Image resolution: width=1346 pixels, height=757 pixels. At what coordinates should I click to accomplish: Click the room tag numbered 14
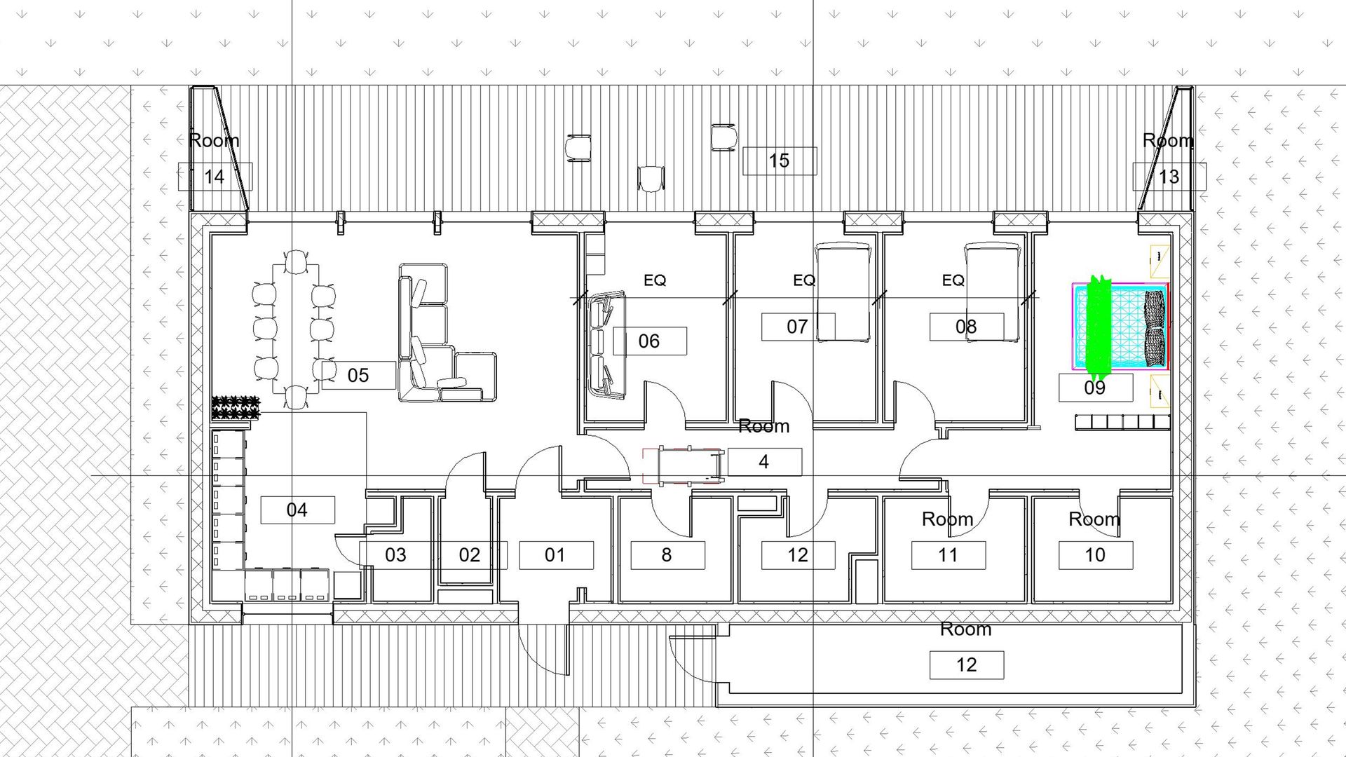pos(215,176)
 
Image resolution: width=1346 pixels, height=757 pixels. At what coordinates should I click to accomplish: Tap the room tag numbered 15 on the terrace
pos(779,161)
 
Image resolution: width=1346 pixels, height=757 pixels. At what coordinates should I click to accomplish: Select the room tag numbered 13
pos(1169,176)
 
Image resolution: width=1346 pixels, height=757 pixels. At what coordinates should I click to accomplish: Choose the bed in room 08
pos(992,292)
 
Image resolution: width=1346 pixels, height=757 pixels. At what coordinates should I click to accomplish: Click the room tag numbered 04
pos(297,510)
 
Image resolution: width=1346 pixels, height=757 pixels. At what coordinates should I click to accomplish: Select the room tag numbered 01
pos(555,555)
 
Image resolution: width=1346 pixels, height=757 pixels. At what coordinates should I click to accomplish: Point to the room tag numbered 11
pos(948,555)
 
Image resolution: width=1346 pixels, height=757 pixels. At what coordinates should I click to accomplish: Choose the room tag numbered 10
pos(1095,555)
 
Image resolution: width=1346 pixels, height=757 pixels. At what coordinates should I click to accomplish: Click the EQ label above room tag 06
pos(655,280)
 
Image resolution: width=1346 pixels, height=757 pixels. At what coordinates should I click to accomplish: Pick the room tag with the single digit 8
pos(667,555)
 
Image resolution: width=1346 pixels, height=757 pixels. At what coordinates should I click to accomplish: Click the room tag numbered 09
pos(1095,388)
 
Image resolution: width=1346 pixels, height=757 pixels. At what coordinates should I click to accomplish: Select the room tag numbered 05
pos(358,375)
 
